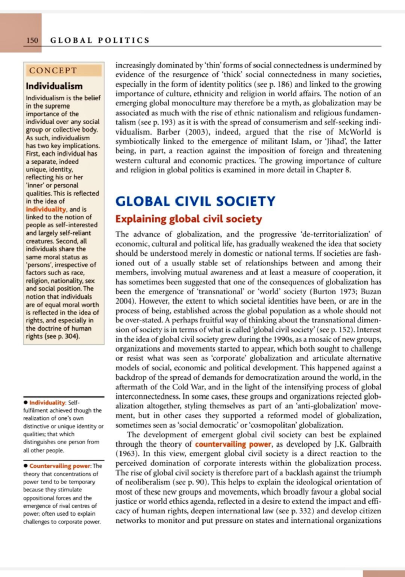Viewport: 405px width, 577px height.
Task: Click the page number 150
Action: click(x=32, y=40)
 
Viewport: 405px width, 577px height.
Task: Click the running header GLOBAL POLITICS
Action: click(x=100, y=40)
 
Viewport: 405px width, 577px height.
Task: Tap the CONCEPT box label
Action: click(x=53, y=70)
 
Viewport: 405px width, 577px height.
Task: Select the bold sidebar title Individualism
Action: click(x=54, y=86)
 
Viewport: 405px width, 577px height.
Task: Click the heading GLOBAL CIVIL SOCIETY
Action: click(x=195, y=201)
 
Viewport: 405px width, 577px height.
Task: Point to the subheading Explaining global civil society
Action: click(x=188, y=219)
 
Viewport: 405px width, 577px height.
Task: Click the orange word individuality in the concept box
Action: click(x=46, y=209)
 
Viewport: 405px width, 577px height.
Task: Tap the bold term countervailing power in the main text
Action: click(x=233, y=444)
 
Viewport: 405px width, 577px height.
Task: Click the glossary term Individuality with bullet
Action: click(x=47, y=402)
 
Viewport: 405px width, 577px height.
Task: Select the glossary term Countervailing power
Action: click(x=60, y=466)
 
